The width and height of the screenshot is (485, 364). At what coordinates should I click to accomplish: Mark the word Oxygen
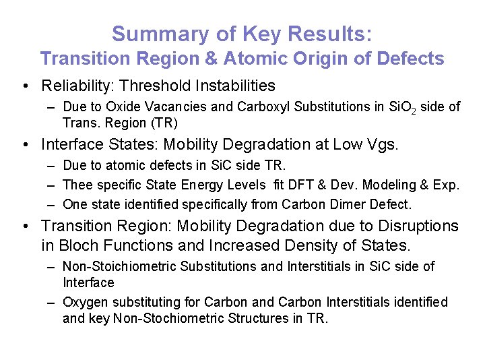[x=85, y=303]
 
